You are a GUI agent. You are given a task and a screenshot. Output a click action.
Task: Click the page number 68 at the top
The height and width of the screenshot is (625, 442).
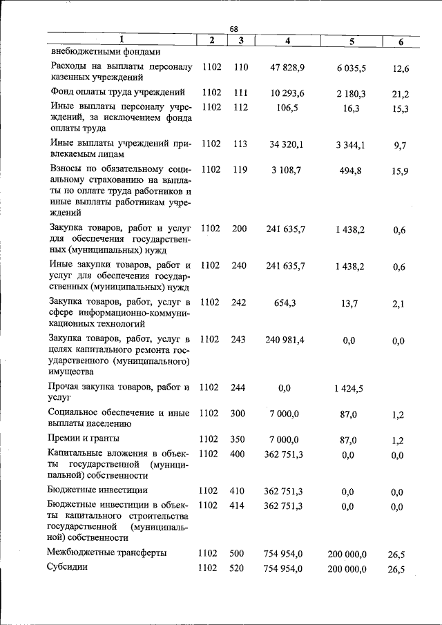click(x=233, y=29)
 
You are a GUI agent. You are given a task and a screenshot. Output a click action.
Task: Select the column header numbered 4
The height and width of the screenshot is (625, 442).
click(x=287, y=41)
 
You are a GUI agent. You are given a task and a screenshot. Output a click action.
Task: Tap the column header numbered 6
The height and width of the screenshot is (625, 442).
click(x=401, y=41)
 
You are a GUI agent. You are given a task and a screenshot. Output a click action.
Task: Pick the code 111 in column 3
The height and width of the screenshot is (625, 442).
click(x=240, y=93)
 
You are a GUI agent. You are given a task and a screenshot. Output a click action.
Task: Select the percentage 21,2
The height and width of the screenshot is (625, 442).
click(x=400, y=94)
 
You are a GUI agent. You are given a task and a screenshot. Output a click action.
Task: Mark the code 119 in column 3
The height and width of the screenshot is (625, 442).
click(x=240, y=169)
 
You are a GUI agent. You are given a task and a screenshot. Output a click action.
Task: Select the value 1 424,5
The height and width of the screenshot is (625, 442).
click(x=351, y=388)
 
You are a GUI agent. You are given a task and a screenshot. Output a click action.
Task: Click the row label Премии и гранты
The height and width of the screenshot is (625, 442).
click(x=84, y=439)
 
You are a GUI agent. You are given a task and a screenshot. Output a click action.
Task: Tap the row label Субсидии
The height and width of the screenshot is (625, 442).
click(x=68, y=568)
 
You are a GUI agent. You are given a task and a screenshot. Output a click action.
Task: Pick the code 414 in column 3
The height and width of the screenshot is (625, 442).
click(x=238, y=506)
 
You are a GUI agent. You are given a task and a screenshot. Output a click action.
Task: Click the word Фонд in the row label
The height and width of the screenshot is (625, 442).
click(x=63, y=92)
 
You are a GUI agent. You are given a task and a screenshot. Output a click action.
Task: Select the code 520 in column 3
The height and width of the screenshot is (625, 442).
click(x=238, y=568)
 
